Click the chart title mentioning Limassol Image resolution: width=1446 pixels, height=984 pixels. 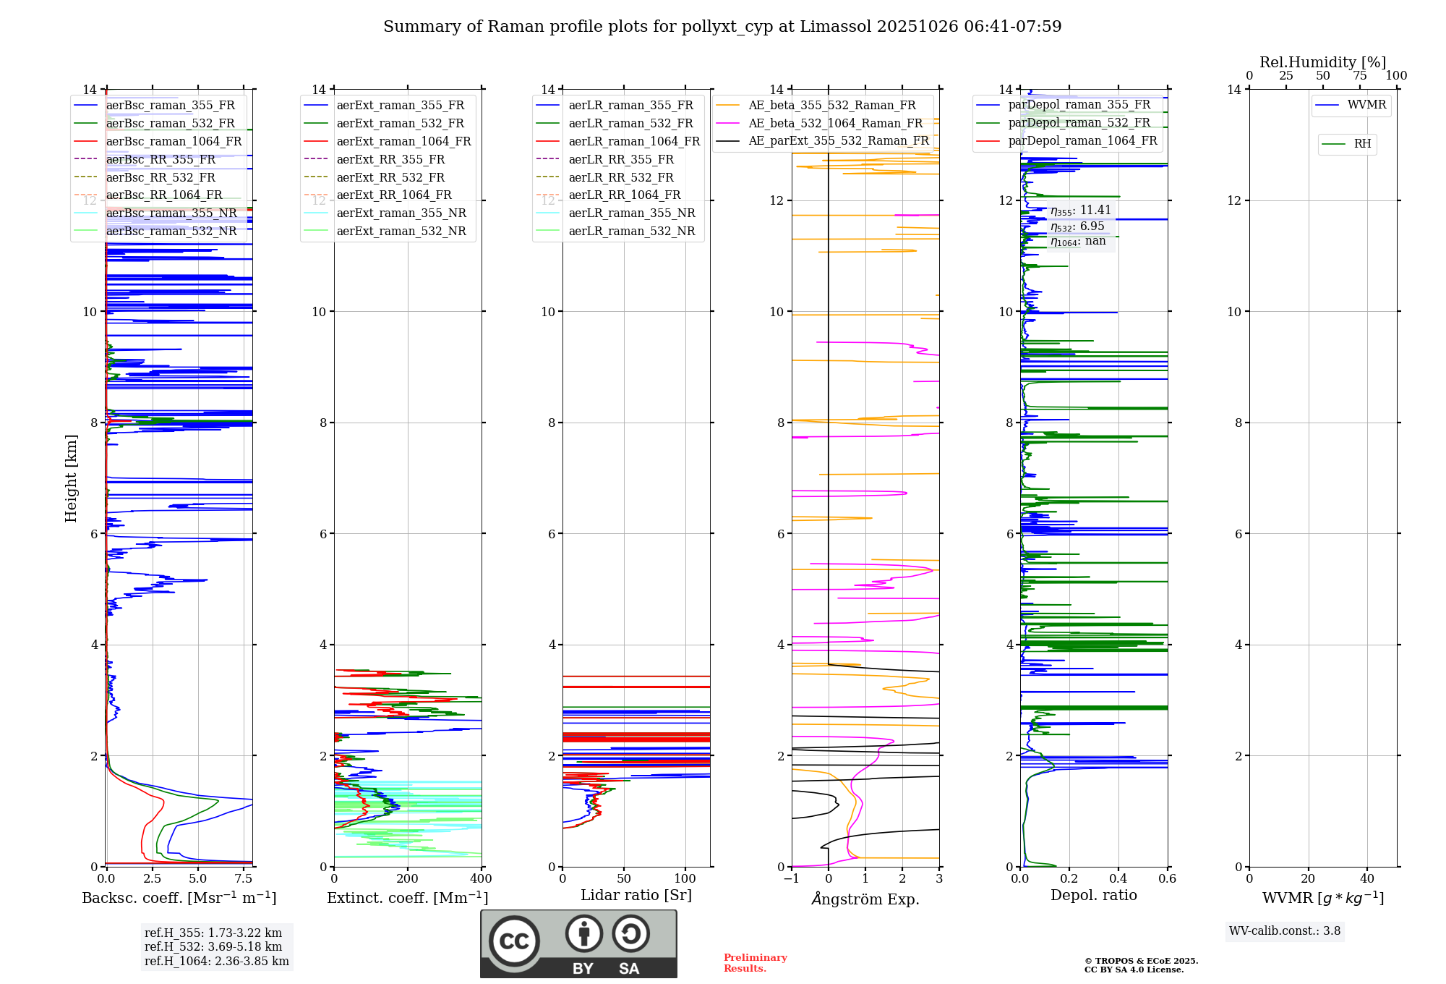click(x=722, y=27)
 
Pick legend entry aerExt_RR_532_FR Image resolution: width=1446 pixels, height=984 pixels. click(x=390, y=177)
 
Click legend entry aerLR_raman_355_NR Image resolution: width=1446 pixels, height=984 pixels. click(x=631, y=213)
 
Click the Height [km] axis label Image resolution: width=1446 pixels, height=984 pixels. click(x=71, y=478)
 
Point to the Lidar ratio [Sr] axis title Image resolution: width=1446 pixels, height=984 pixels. click(x=636, y=895)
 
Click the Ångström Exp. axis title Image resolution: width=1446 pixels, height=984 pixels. click(x=865, y=899)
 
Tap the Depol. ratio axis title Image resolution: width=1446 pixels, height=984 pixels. click(x=1094, y=895)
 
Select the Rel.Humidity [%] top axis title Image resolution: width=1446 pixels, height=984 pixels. click(x=1322, y=62)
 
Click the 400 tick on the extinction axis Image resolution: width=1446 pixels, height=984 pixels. click(x=481, y=878)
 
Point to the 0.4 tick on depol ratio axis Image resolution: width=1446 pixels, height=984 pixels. click(x=1118, y=878)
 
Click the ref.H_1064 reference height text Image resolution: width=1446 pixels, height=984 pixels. click(x=216, y=961)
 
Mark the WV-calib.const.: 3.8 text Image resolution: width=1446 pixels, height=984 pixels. click(x=1285, y=930)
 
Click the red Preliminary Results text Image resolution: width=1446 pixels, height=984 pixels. click(x=755, y=962)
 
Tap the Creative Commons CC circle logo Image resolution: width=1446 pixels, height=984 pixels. click(x=514, y=941)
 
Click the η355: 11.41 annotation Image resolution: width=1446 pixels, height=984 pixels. click(x=1080, y=211)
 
